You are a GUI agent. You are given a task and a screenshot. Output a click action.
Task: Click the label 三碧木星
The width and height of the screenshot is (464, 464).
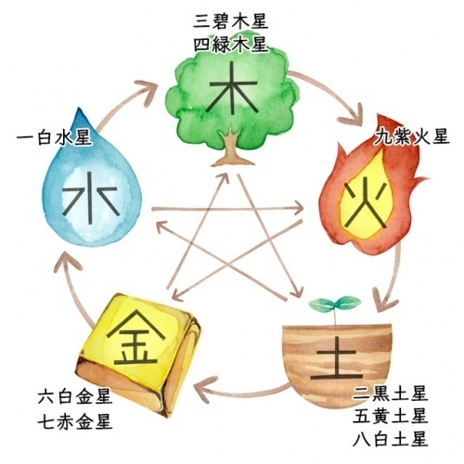pyautogui.click(x=231, y=22)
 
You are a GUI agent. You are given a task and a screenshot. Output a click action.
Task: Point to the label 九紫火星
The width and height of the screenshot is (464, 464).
pyautogui.click(x=411, y=136)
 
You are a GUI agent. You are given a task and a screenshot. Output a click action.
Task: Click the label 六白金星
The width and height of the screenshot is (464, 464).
pyautogui.click(x=75, y=397)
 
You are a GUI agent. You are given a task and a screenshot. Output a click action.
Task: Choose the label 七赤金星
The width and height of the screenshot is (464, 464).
pyautogui.click(x=75, y=421)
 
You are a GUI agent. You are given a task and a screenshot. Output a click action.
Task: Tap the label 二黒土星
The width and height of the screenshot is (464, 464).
pyautogui.click(x=391, y=393)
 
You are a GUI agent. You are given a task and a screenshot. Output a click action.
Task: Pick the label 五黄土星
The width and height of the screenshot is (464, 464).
pyautogui.click(x=391, y=416)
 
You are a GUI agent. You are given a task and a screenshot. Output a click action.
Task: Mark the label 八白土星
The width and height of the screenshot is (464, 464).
pyautogui.click(x=391, y=439)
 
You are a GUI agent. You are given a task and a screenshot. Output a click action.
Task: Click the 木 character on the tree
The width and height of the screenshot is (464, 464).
pyautogui.click(x=232, y=90)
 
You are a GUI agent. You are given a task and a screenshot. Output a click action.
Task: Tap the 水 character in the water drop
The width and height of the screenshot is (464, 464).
pyautogui.click(x=90, y=198)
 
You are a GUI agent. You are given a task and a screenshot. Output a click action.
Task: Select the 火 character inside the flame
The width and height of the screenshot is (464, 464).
pyautogui.click(x=367, y=205)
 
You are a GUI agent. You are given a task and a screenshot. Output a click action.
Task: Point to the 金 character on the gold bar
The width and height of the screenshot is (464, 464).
pyautogui.click(x=135, y=338)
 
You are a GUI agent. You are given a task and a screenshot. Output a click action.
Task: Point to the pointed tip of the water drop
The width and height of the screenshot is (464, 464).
pyautogui.click(x=80, y=108)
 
